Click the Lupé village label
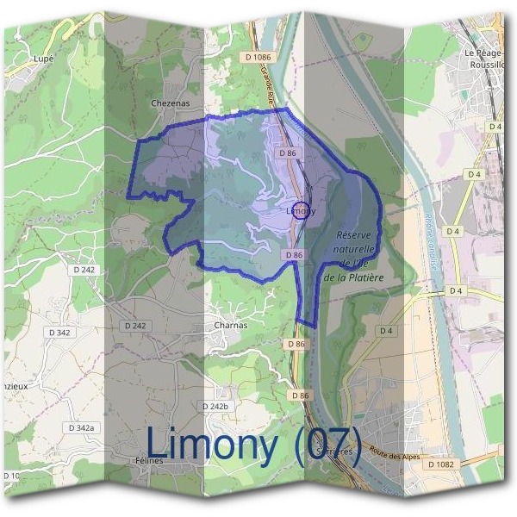coord(42,59)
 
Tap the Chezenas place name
coord(169,103)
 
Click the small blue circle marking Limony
coord(300,210)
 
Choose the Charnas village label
coord(230,326)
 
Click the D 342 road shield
coord(59,332)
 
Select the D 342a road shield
coord(83,427)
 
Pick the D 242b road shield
coord(217,406)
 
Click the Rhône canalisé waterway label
coord(431,241)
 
